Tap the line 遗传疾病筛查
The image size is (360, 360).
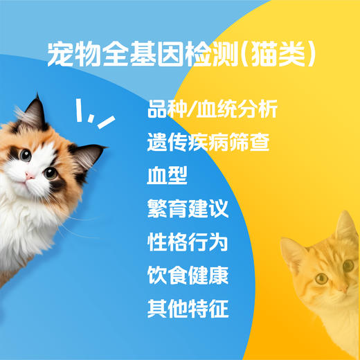[208, 143]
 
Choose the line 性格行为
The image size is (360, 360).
[188, 242]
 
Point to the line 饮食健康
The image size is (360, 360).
[188, 275]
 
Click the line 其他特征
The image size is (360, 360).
[188, 307]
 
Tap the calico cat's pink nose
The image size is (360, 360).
[31, 176]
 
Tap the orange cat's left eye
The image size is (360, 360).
[321, 278]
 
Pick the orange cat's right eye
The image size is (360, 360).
[348, 266]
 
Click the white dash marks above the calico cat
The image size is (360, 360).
[94, 115]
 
